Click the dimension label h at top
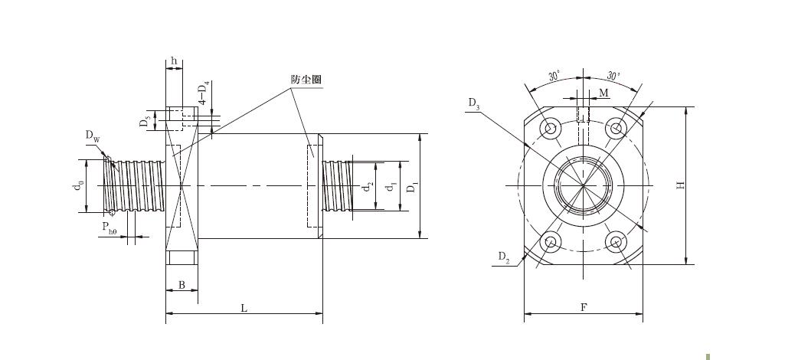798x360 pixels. coord(174,61)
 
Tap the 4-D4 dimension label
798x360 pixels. coord(204,93)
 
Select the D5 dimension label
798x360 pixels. coord(146,121)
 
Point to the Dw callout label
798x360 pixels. coord(93,136)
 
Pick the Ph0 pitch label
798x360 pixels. coord(110,227)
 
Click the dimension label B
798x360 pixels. coord(182,285)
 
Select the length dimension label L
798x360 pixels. coord(244,308)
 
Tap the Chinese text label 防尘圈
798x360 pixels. coord(306,80)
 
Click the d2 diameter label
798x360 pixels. coord(368,187)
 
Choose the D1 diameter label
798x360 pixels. coord(412,187)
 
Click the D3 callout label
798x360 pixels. coord(474,104)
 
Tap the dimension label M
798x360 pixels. coord(603,93)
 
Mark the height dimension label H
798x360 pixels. coord(680,186)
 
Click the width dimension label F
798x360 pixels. coord(584,307)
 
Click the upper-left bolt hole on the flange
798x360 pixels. coord(550,129)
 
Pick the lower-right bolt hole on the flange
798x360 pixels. coord(616,242)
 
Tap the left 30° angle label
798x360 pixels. coord(554,77)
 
